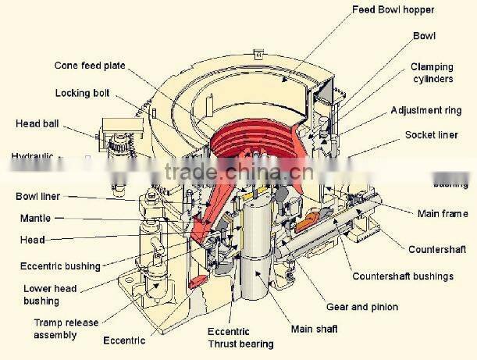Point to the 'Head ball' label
(37, 123)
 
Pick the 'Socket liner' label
(431, 135)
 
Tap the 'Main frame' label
(442, 214)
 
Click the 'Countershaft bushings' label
(403, 276)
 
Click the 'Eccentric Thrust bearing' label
(240, 337)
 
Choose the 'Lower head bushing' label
(50, 294)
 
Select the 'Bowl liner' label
(37, 196)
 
